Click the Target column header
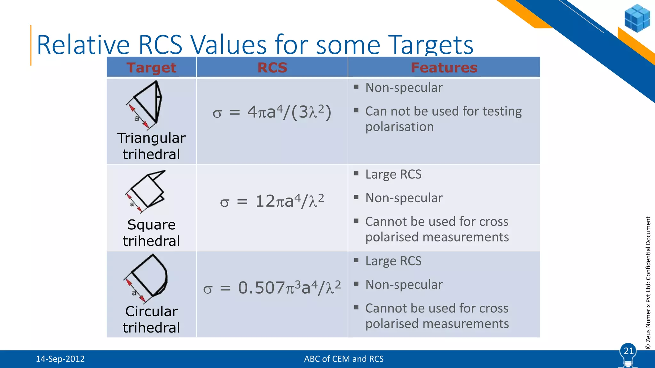click(151, 68)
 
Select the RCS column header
click(272, 68)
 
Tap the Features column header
click(444, 68)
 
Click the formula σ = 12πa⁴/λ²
click(272, 201)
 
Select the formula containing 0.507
click(272, 288)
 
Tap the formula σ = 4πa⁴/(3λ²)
click(272, 112)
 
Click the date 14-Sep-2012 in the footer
click(60, 359)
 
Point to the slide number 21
click(628, 351)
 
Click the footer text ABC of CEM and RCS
click(343, 359)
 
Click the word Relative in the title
click(83, 45)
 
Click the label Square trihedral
click(151, 233)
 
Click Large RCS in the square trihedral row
click(393, 174)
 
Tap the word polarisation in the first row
click(399, 127)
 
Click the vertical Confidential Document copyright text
click(648, 283)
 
